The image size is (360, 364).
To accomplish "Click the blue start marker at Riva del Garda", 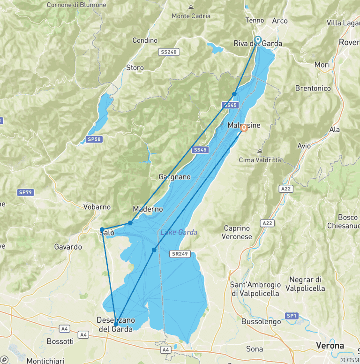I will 257,39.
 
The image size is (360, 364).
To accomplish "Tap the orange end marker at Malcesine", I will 244,128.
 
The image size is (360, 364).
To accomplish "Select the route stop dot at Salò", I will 102,230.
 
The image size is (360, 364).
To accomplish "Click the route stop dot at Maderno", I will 130,223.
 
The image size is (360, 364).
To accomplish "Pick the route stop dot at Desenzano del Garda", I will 115,324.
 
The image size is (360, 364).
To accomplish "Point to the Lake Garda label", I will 179,232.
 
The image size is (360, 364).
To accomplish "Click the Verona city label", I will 330,346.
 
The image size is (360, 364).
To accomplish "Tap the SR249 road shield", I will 180,254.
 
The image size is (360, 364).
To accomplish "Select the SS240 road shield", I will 168,52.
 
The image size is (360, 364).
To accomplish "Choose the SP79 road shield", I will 25,192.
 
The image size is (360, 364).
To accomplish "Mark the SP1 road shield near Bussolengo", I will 292,316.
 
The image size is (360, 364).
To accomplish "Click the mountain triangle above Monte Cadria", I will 191,7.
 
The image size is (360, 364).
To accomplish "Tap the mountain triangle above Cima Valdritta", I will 260,151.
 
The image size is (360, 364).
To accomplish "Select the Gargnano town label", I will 175,177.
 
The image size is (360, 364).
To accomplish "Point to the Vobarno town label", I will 97,207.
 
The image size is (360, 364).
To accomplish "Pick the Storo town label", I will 135,68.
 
